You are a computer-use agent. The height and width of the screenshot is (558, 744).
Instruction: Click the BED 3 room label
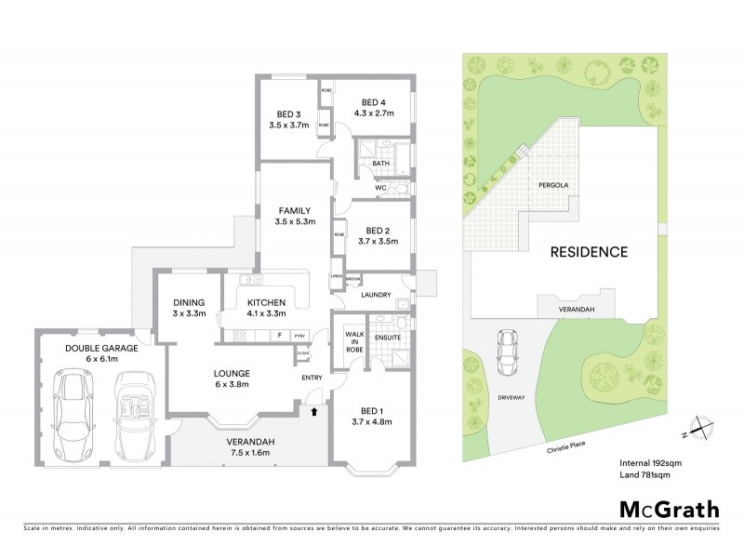click(x=286, y=114)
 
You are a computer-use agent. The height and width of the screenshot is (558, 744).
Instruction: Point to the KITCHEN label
click(x=265, y=302)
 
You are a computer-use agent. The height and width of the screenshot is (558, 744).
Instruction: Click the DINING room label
click(x=189, y=302)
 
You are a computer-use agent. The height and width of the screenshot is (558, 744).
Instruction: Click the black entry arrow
click(x=313, y=410)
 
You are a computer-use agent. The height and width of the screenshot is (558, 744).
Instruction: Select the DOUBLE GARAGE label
click(x=101, y=348)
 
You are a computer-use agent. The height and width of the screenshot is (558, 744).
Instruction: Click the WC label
click(x=380, y=188)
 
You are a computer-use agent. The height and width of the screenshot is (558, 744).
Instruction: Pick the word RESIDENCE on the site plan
click(x=589, y=251)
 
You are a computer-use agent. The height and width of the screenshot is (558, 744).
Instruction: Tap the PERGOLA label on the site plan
click(x=553, y=185)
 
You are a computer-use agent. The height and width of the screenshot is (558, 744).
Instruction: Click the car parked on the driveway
click(x=509, y=352)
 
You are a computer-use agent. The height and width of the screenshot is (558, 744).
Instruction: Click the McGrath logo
click(x=669, y=509)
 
